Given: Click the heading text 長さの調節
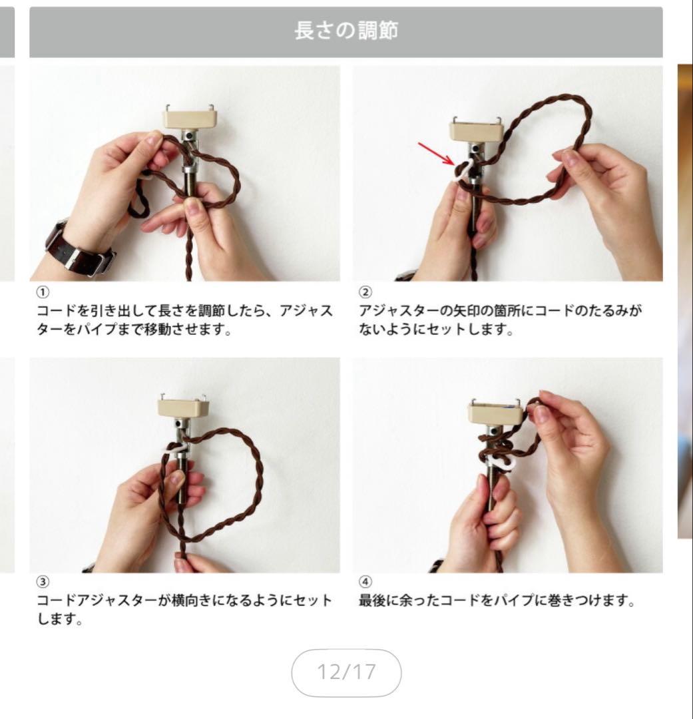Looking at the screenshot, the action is pyautogui.click(x=346, y=31).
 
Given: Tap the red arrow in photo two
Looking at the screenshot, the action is pyautogui.click(x=436, y=154).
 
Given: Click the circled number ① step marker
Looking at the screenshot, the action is pyautogui.click(x=43, y=292).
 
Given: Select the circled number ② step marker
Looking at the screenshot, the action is pyautogui.click(x=365, y=292).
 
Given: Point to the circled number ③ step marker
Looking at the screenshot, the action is pyautogui.click(x=43, y=582).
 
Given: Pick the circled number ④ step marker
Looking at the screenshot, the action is pyautogui.click(x=365, y=582).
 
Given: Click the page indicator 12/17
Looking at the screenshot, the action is pyautogui.click(x=346, y=672).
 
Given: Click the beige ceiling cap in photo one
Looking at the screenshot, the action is pyautogui.click(x=190, y=117).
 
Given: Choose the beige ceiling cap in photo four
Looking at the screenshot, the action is pyautogui.click(x=495, y=411).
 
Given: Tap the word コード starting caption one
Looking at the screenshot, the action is pyautogui.click(x=57, y=310).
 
